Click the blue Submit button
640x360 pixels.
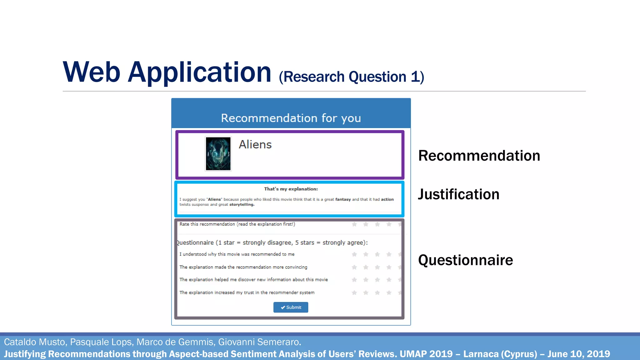pyautogui.click(x=291, y=307)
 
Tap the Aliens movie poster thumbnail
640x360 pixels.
pyautogui.click(x=218, y=154)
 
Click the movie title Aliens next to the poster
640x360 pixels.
pyautogui.click(x=255, y=145)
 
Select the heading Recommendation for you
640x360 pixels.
pyautogui.click(x=291, y=118)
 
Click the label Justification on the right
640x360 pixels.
pyautogui.click(x=458, y=194)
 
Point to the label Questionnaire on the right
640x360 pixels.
pyautogui.click(x=465, y=260)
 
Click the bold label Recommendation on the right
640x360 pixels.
pyautogui.click(x=479, y=156)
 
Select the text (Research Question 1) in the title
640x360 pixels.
pyautogui.click(x=351, y=77)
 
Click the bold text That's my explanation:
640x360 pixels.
pyautogui.click(x=291, y=189)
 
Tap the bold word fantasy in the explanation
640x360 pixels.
pyautogui.click(x=343, y=199)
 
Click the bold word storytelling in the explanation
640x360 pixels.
pyautogui.click(x=242, y=205)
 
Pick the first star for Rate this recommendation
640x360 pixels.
pyautogui.click(x=354, y=224)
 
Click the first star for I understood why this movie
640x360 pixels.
pyautogui.click(x=354, y=254)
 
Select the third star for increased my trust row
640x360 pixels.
pyautogui.click(x=377, y=293)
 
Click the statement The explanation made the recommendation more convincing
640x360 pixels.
pyautogui.click(x=243, y=267)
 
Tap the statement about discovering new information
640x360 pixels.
pyautogui.click(x=253, y=280)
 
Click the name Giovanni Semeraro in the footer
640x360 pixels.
pyautogui.click(x=259, y=342)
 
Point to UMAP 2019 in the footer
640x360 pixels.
pyautogui.click(x=426, y=354)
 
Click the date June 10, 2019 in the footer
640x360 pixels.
pyautogui.click(x=578, y=354)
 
